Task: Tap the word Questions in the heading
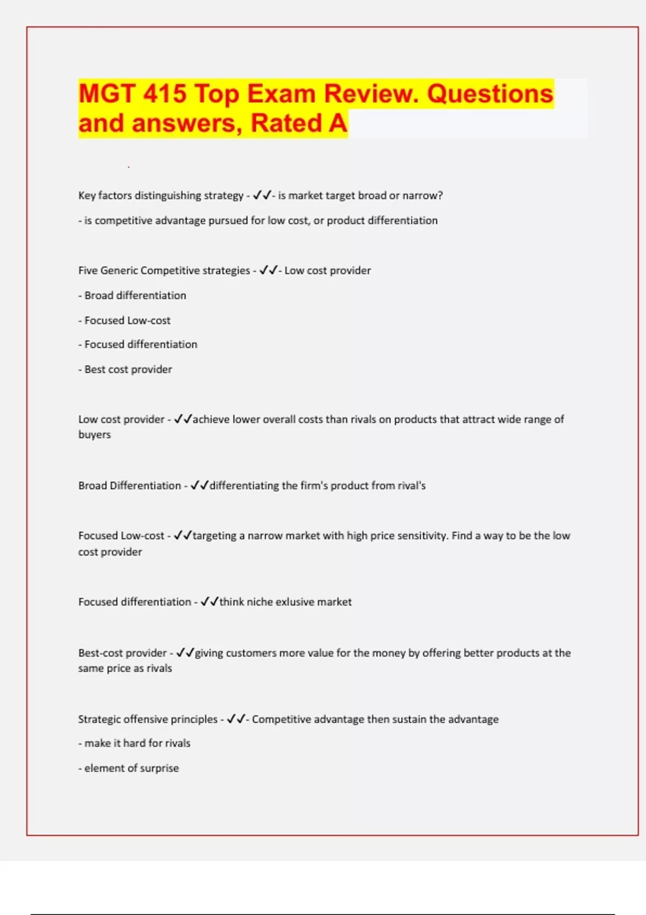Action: coord(490,94)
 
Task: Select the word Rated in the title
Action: coord(286,123)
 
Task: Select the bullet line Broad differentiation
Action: coord(132,295)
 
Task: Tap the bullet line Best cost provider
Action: coord(125,369)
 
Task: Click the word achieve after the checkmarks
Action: coord(211,419)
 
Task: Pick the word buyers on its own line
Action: coord(95,435)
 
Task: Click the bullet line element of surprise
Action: coord(129,768)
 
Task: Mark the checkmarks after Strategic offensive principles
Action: coord(236,719)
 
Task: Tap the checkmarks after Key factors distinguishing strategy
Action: coord(262,195)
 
